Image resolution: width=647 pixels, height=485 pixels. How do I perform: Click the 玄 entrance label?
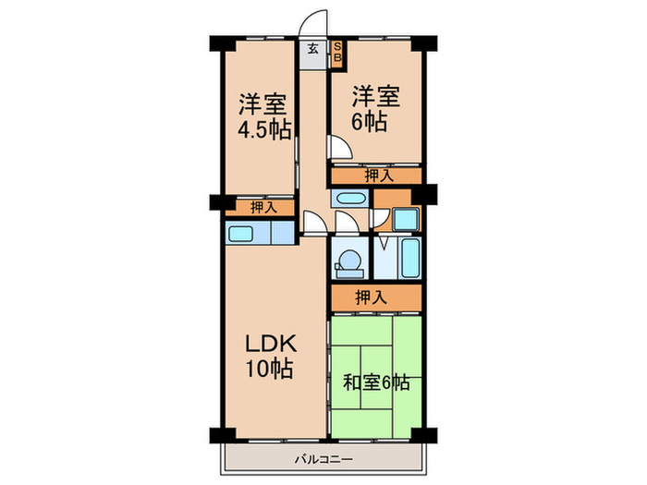[x=313, y=50]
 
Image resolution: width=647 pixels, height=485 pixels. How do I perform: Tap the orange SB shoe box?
[x=337, y=54]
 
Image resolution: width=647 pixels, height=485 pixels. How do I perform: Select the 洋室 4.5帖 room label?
[x=264, y=117]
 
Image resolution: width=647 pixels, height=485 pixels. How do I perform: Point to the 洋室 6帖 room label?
[x=375, y=108]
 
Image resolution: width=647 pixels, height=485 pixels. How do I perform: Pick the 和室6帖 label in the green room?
[x=376, y=382]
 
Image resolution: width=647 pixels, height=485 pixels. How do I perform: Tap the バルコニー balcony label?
[x=323, y=459]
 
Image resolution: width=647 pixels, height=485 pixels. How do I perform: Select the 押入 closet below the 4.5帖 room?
[x=263, y=208]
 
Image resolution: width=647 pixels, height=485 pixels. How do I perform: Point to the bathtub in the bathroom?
[x=410, y=259]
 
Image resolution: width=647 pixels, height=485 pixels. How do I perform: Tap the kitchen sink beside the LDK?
[x=240, y=234]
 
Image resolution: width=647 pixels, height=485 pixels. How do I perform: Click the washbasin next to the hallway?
[x=350, y=199]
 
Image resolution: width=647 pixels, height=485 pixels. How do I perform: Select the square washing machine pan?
[x=406, y=220]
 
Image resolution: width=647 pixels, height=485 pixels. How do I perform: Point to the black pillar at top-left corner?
[x=222, y=43]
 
